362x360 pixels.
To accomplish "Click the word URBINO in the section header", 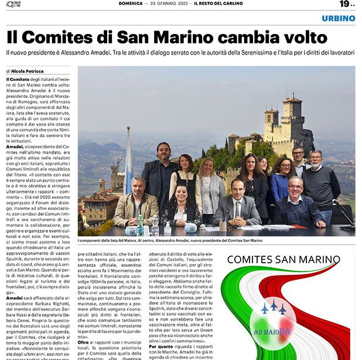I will pos(338,18).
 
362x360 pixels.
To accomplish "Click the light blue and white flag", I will pos(128,158).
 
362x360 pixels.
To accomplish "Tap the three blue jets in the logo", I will pos(272,308).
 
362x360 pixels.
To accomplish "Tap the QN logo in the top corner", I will pos(13,5).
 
